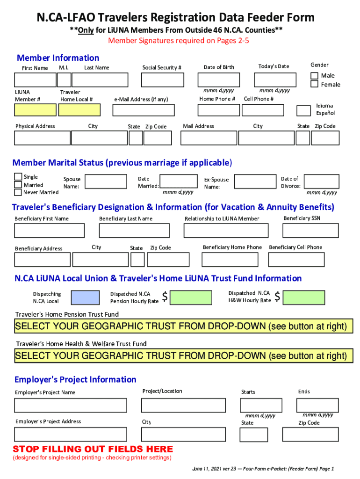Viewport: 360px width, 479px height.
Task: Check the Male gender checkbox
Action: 315,76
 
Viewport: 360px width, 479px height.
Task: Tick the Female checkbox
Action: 315,84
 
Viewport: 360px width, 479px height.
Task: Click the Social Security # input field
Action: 162,80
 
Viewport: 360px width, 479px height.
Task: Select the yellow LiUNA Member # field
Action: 35,110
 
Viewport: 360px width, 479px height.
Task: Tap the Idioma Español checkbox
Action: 303,110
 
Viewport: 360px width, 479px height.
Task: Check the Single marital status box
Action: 18,177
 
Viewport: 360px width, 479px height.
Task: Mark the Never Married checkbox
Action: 18,192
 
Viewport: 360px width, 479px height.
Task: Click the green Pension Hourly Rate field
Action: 191,298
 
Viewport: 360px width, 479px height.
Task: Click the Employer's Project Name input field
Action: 70,405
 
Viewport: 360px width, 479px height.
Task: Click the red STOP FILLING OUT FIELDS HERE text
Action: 93,450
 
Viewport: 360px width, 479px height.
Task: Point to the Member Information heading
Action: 58,58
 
